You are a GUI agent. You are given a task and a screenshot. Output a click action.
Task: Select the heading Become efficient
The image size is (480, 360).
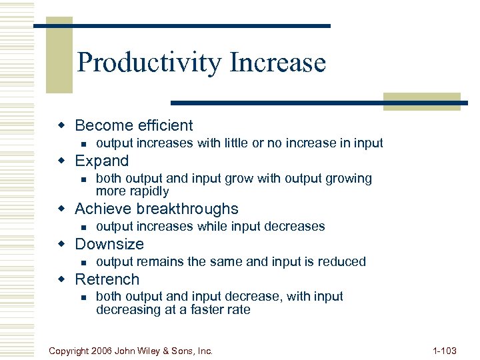[134, 125]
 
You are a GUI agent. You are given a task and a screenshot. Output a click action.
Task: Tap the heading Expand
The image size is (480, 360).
[102, 161]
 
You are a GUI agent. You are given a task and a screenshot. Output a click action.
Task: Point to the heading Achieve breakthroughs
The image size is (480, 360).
[157, 209]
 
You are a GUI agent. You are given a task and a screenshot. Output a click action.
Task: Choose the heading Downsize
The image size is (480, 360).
[109, 244]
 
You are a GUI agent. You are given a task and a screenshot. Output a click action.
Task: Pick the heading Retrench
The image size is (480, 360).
[107, 279]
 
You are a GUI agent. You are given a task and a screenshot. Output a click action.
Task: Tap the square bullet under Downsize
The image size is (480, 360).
[82, 262]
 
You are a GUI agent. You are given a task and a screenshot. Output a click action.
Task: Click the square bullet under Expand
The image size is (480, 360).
[82, 179]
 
